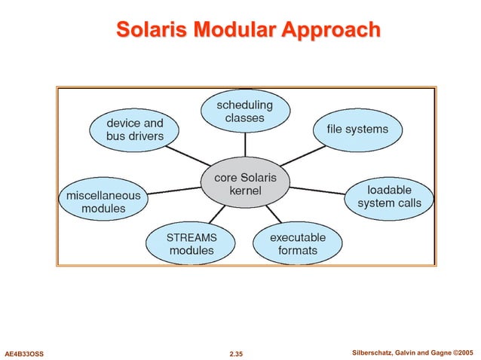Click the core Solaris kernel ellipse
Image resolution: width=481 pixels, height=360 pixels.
click(x=245, y=185)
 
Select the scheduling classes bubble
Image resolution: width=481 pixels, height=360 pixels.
click(x=245, y=111)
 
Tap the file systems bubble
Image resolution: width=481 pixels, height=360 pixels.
click(x=357, y=130)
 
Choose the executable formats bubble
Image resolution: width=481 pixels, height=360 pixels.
click(x=298, y=243)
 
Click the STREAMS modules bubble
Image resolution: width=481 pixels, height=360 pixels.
click(x=191, y=243)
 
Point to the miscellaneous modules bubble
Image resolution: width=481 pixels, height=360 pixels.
click(x=103, y=201)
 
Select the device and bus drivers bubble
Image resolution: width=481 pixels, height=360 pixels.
click(x=135, y=130)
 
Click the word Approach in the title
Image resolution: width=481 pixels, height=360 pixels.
click(x=332, y=30)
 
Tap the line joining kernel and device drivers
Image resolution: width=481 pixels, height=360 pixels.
click(x=192, y=157)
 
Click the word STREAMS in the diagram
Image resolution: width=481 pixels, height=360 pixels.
click(x=191, y=237)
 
